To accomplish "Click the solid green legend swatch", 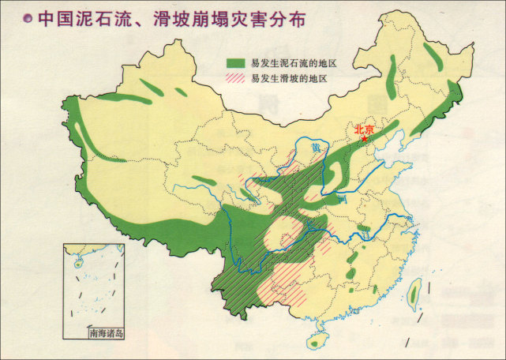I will click(236, 62).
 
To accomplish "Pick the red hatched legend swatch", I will click(236, 78).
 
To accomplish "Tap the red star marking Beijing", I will click(364, 140).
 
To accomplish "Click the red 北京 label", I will click(363, 129).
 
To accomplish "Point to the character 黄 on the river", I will click(317, 148).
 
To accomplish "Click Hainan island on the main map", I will click(317, 339).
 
